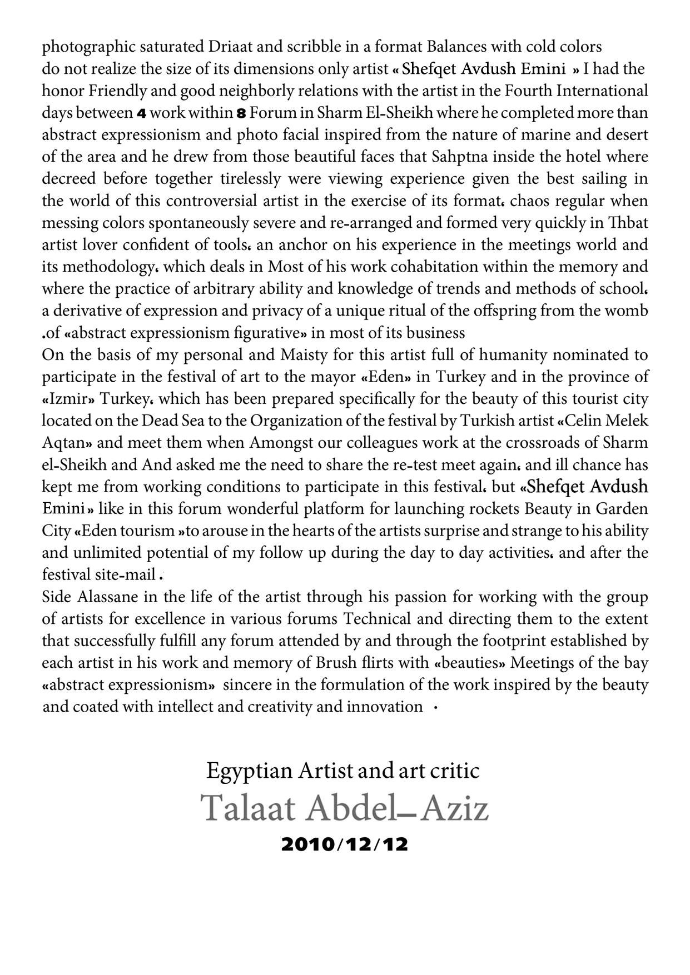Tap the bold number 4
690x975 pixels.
point(142,113)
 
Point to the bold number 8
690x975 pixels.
point(241,113)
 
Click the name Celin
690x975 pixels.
point(590,421)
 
